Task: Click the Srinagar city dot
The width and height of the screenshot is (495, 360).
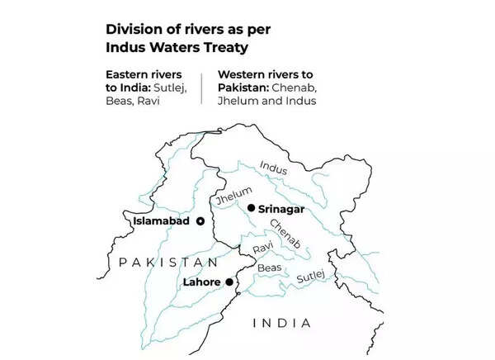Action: pyautogui.click(x=251, y=208)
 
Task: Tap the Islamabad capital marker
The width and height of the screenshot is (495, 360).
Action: pyautogui.click(x=200, y=221)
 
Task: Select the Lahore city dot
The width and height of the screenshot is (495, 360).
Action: pyautogui.click(x=229, y=282)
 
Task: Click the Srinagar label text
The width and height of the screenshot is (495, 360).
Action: pyautogui.click(x=281, y=209)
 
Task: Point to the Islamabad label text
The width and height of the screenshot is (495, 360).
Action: pyautogui.click(x=163, y=221)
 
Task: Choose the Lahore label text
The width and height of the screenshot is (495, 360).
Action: pyautogui.click(x=201, y=282)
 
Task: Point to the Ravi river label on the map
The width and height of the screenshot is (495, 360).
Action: pyautogui.click(x=262, y=248)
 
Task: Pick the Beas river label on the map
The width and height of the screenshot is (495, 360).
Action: pyautogui.click(x=269, y=268)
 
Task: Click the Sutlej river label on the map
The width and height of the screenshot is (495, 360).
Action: pyautogui.click(x=311, y=274)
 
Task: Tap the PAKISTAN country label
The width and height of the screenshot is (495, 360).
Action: pyautogui.click(x=168, y=262)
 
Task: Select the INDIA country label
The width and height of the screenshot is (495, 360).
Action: pyautogui.click(x=281, y=323)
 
